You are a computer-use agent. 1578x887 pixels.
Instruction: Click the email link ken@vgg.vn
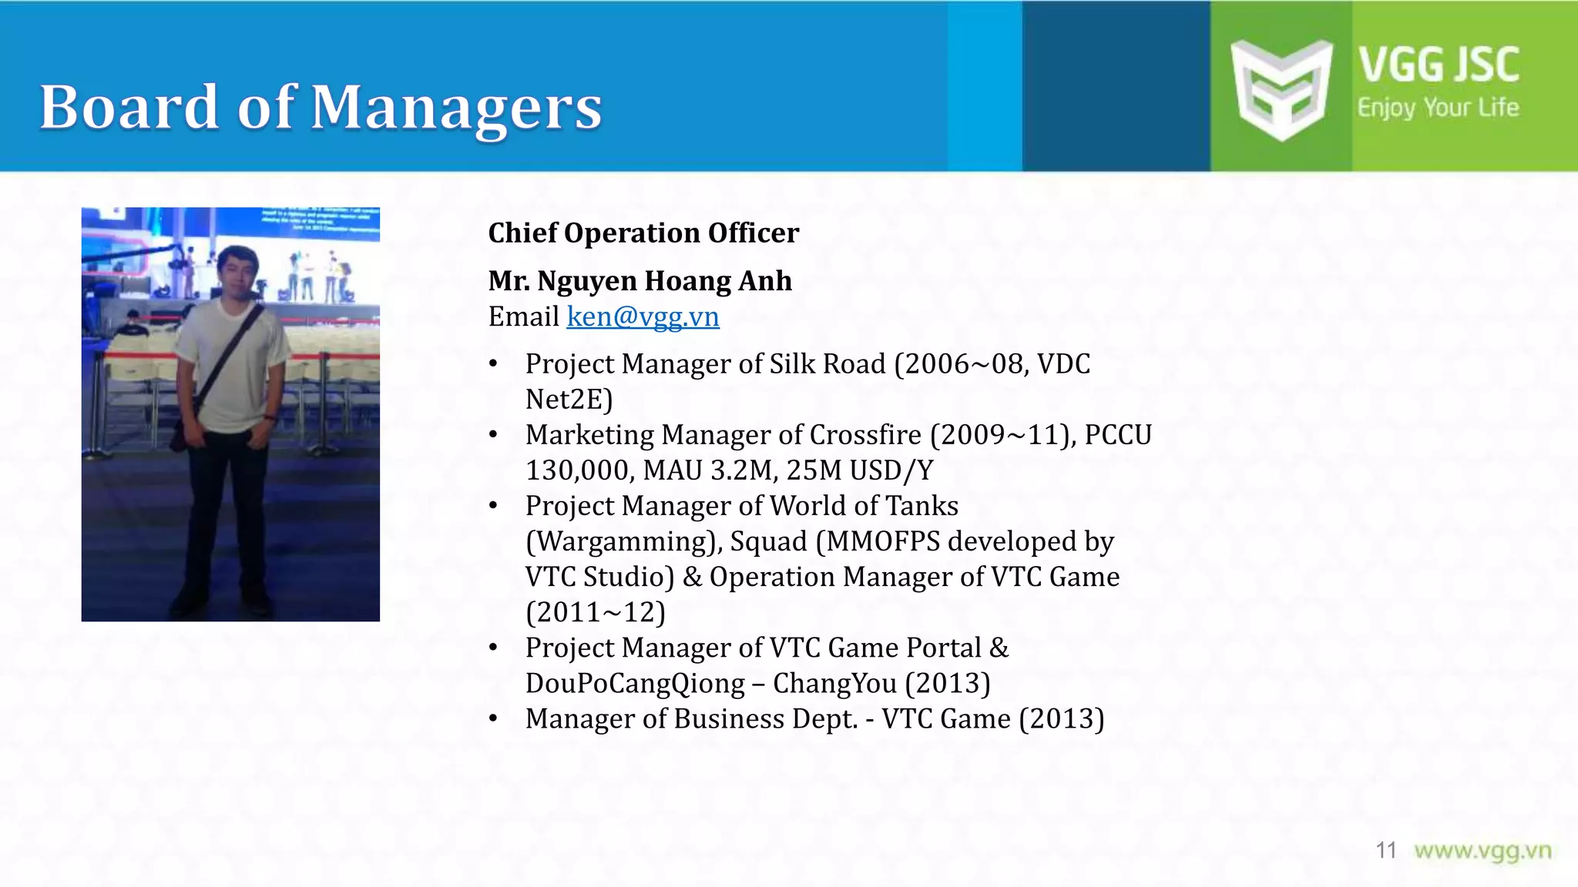point(643,316)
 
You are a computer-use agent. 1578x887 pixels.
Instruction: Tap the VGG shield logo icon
point(1281,89)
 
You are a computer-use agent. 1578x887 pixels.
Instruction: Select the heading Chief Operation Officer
point(643,233)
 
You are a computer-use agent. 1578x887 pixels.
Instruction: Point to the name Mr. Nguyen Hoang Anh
point(640,281)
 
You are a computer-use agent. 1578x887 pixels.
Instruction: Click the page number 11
point(1385,850)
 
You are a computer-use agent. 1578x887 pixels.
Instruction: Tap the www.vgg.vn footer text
point(1482,851)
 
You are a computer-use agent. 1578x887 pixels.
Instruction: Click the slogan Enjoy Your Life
point(1438,108)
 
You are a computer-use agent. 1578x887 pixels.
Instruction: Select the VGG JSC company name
point(1438,64)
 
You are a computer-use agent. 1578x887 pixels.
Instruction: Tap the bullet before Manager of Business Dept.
point(494,719)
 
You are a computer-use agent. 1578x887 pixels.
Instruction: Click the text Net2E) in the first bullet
point(569,400)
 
